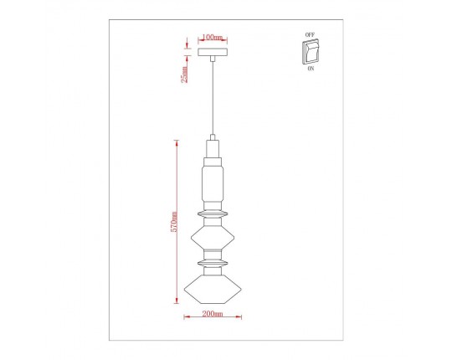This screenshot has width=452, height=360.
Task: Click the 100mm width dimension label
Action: click(x=213, y=38)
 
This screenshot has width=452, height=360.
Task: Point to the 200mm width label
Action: click(x=213, y=315)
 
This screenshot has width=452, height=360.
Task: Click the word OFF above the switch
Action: click(x=311, y=35)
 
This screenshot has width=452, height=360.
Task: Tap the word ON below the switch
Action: click(x=311, y=71)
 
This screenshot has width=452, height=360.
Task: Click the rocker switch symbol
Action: click(x=311, y=53)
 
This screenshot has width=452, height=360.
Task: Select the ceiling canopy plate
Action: click(x=213, y=52)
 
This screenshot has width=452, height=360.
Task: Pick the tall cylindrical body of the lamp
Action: click(x=213, y=183)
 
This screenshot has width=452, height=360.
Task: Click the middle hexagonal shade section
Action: click(x=213, y=240)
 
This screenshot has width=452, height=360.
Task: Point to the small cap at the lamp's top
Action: click(x=213, y=138)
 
